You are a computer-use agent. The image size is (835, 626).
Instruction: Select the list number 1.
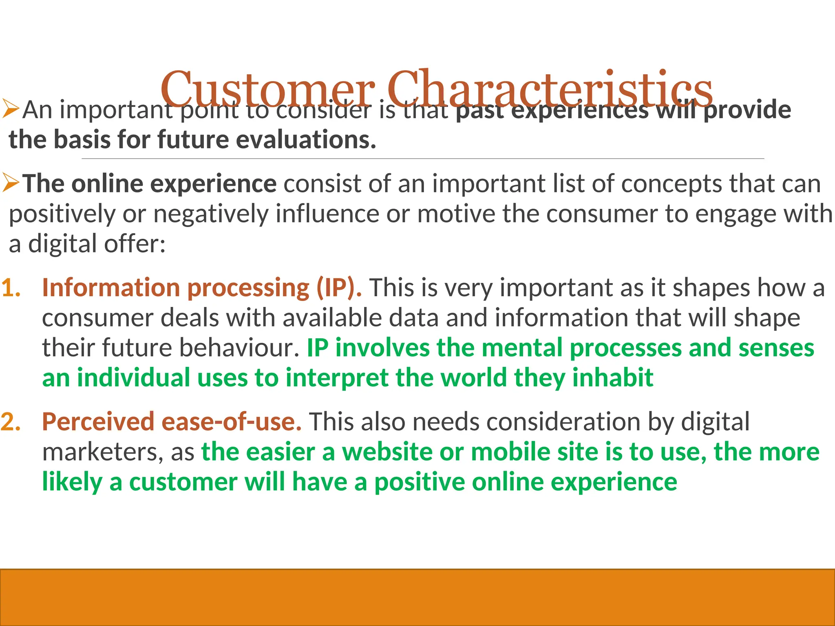[x=11, y=288]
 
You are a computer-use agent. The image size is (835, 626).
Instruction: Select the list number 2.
[x=11, y=421]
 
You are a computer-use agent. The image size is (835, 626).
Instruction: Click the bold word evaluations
[x=306, y=140]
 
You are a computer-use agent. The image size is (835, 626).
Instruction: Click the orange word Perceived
[x=98, y=421]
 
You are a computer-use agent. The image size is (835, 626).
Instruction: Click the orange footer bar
[x=417, y=597]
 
